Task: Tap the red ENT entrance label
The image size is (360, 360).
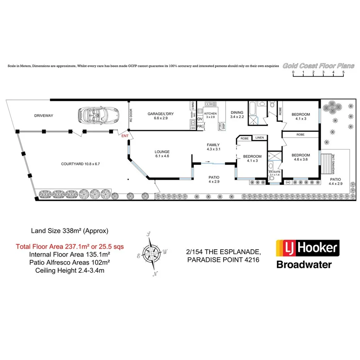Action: pos(125,136)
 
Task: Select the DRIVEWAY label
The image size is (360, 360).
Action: pos(43,115)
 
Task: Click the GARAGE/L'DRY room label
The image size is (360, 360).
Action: pos(161,114)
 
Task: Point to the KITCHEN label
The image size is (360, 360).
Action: pos(211,113)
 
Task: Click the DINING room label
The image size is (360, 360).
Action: pos(237,113)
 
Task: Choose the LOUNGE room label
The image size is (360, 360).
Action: pos(162,152)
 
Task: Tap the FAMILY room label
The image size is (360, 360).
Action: pos(213,144)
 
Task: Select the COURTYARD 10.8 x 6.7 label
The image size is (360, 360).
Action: pos(81,164)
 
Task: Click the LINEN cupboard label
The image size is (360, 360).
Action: pos(259,138)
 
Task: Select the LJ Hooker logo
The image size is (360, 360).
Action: pos(307,249)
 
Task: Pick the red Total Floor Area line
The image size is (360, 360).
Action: pos(70,246)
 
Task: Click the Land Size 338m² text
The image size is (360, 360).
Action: pos(70,231)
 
